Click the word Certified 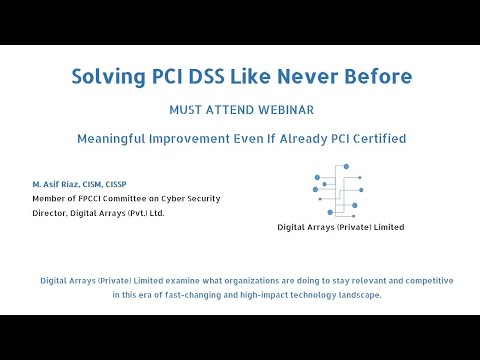pyautogui.click(x=376, y=138)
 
